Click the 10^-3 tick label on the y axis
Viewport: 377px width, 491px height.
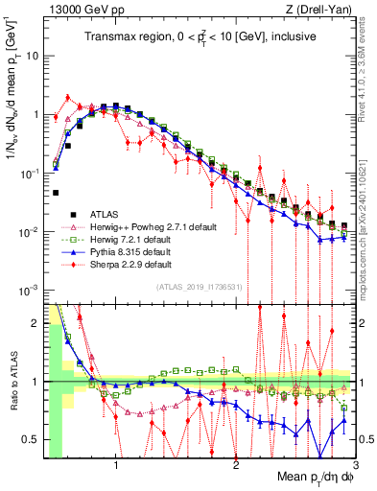[x=31, y=291]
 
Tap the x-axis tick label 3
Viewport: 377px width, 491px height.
[x=354, y=466]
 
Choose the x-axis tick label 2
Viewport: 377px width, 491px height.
[x=236, y=466]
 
